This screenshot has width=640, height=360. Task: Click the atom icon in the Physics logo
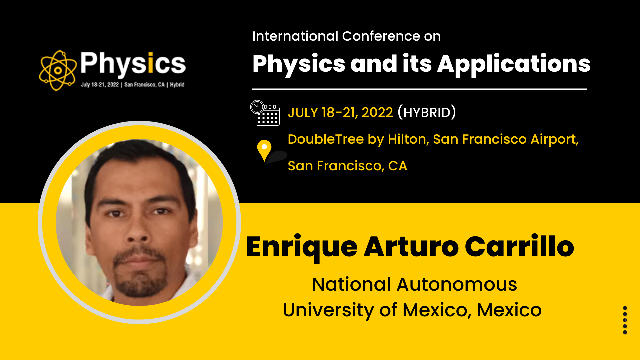[x=58, y=70]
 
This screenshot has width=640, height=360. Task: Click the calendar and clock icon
[x=265, y=113]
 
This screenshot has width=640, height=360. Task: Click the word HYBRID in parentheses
[x=427, y=113]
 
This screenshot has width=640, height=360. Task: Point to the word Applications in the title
[x=514, y=64]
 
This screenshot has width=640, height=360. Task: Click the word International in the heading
[x=295, y=36]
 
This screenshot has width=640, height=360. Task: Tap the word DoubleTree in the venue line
[x=326, y=139]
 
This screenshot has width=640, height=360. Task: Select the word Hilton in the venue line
[x=408, y=139]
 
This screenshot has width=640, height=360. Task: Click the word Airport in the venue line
[x=554, y=140]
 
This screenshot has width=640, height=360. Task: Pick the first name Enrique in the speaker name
[x=302, y=247]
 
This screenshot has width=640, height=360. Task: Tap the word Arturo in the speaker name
[x=411, y=247]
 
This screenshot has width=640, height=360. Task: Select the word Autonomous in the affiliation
[x=457, y=285]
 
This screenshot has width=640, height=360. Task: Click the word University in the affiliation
[x=328, y=310]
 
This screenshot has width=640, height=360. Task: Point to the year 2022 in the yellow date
[x=377, y=113]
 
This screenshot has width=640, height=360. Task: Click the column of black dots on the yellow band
[x=625, y=320]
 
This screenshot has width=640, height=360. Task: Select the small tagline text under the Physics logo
[x=133, y=85]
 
